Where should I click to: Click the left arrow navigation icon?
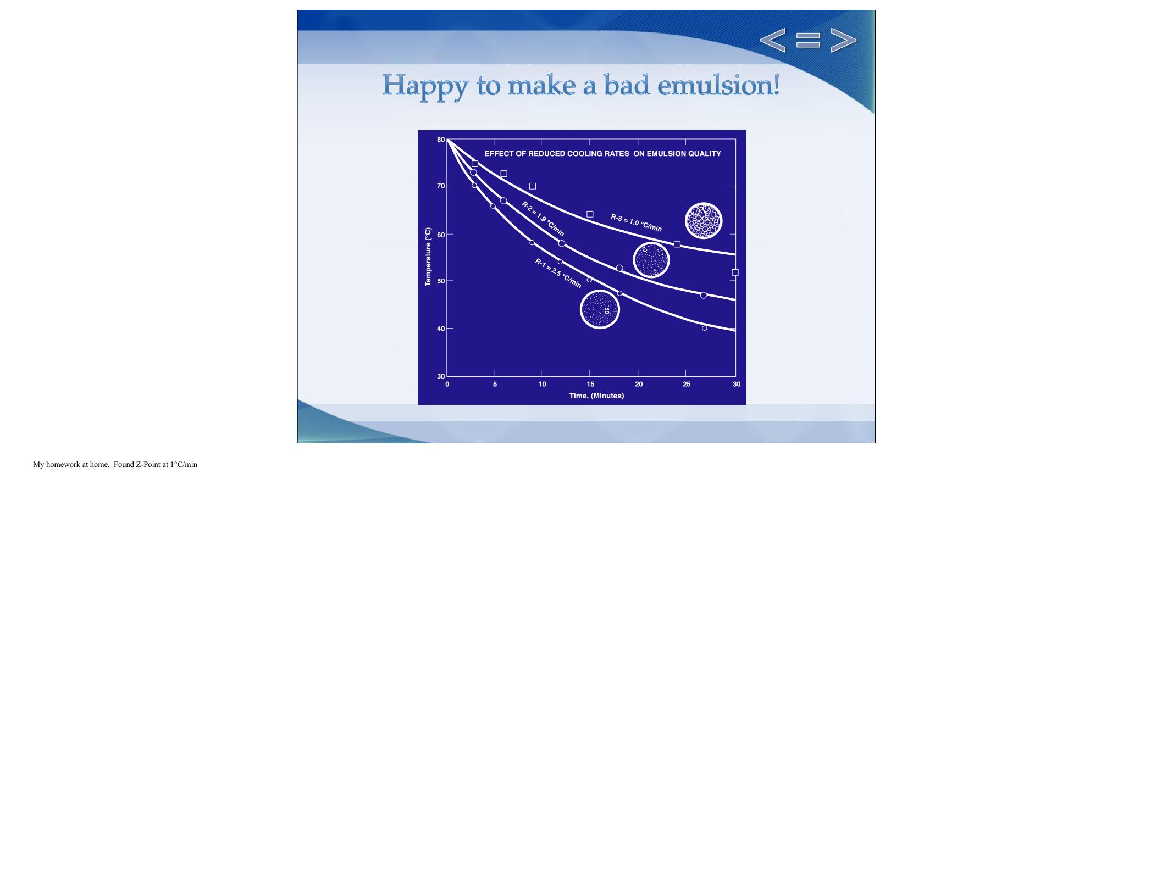(772, 40)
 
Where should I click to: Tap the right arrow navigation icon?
(843, 40)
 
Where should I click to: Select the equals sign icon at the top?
(808, 40)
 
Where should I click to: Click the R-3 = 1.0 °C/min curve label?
(636, 222)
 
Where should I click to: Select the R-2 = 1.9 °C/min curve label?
(543, 219)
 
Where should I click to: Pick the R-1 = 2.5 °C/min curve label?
(558, 273)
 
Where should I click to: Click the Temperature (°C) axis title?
(428, 257)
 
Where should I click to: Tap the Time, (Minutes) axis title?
(596, 396)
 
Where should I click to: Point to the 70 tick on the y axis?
(441, 186)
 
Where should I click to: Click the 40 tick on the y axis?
(441, 329)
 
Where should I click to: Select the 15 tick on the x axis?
(590, 384)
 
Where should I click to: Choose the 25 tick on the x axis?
(687, 384)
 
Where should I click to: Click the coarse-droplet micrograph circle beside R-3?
(704, 221)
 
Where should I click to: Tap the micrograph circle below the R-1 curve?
(600, 309)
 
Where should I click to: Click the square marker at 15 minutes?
(590, 214)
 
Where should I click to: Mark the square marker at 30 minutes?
(735, 272)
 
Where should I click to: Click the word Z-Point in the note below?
(148, 465)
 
